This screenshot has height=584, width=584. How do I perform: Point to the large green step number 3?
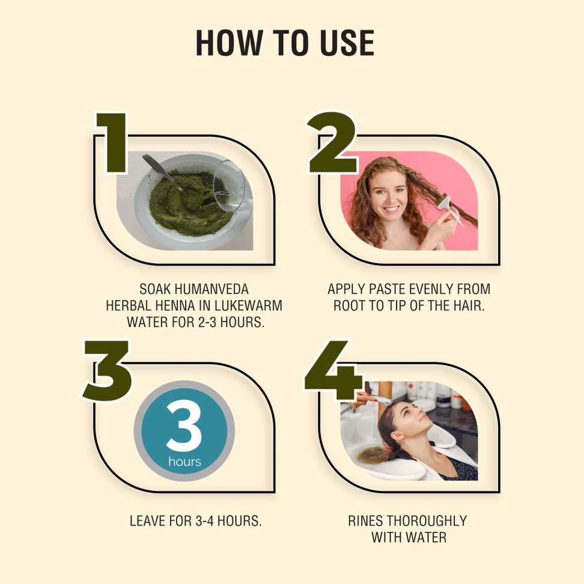(x=108, y=370)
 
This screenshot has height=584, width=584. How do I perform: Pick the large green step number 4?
(x=333, y=370)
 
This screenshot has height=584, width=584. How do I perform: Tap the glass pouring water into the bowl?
(x=231, y=186)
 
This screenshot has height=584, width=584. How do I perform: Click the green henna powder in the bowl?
(x=186, y=203)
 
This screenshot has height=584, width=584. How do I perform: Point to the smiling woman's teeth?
(x=391, y=209)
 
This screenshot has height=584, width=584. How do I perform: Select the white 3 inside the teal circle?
(x=184, y=427)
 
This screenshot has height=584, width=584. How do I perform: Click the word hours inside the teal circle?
(x=184, y=462)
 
